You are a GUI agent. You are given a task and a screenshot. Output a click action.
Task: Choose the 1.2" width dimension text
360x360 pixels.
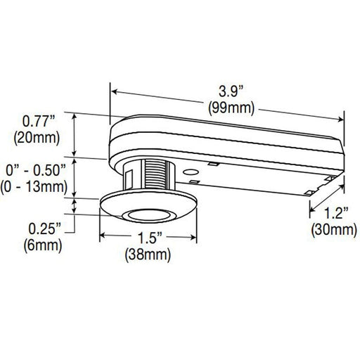point(330,212)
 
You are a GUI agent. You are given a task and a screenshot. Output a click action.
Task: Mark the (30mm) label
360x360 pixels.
point(330,229)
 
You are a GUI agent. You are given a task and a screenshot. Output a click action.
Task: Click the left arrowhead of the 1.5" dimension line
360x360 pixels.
point(103,236)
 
